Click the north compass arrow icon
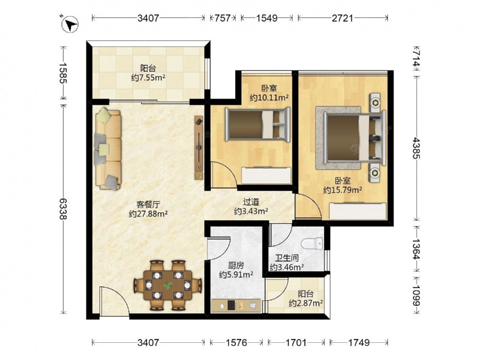point(70,24)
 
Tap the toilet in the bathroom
point(312,244)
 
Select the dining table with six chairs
point(168,285)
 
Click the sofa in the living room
point(108,149)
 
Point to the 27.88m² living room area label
point(148,214)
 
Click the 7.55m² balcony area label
point(148,78)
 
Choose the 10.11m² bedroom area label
point(269,97)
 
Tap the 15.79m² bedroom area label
point(343,190)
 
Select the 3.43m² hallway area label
point(252,211)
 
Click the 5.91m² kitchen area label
point(236,275)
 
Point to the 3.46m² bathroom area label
point(287,267)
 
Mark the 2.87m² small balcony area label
point(306,303)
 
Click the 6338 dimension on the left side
point(63,209)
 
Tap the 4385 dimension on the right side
point(416,148)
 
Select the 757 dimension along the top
point(223,18)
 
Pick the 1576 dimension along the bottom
point(236,342)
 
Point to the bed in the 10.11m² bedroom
point(257,124)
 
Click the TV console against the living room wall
point(199,147)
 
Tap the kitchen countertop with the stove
point(236,305)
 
